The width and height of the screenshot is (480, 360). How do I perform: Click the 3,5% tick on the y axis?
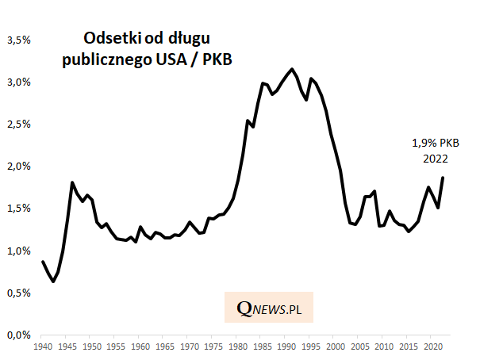[18, 39]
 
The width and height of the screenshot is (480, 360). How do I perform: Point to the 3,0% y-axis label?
[18, 82]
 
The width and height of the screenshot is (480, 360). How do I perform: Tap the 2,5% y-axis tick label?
[18, 124]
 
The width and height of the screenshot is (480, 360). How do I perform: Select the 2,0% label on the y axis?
[18, 166]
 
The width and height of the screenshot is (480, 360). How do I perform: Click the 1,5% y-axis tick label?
[18, 208]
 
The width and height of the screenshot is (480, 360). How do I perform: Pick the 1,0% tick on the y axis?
[18, 251]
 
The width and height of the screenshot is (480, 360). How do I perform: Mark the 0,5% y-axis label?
[18, 293]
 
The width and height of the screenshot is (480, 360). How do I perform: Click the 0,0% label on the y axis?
[18, 335]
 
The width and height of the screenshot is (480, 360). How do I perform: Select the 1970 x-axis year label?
[189, 347]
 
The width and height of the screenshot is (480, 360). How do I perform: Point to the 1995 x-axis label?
[311, 347]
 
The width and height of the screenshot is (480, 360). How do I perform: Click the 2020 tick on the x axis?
[433, 347]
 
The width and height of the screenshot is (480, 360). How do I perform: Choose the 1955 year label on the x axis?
[116, 347]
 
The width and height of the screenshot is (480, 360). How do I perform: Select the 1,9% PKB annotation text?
[435, 144]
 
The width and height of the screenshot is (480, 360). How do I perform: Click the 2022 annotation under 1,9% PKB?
[435, 158]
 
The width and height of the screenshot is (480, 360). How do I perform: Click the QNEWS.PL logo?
[269, 307]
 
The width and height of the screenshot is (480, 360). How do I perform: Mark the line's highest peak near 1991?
[292, 69]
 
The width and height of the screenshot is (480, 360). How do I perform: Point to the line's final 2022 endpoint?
[443, 178]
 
